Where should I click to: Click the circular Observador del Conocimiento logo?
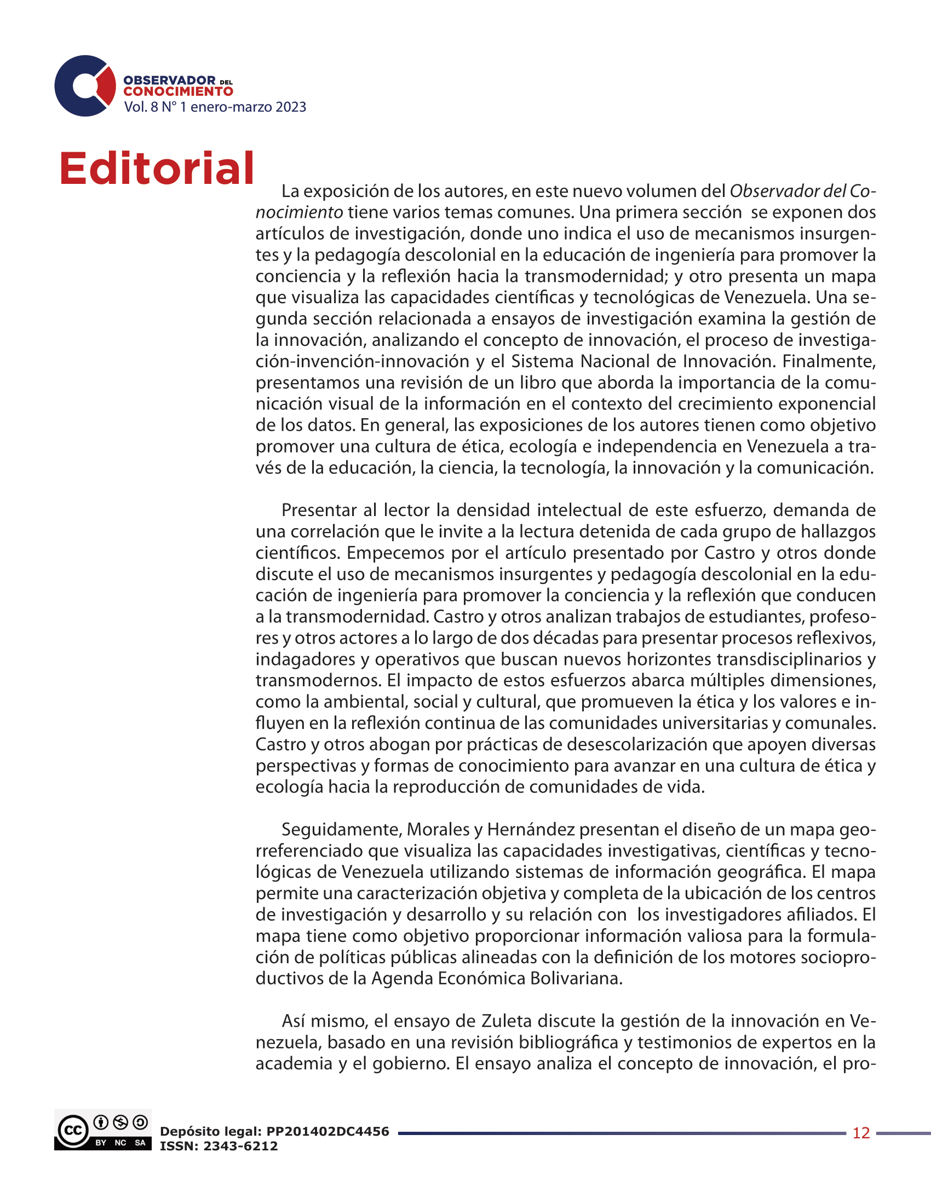click(x=85, y=86)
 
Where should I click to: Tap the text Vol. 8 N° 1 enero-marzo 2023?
click(x=215, y=107)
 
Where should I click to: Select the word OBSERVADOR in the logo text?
click(x=169, y=80)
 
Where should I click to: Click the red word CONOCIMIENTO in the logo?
click(x=177, y=91)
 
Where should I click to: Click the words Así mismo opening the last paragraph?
click(x=323, y=1021)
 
